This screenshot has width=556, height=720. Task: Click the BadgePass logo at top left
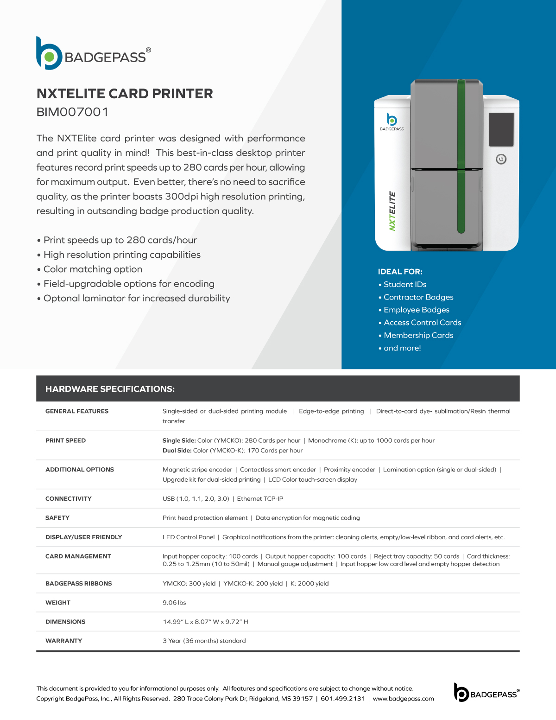click(93, 54)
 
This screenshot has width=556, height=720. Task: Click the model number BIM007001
click(73, 112)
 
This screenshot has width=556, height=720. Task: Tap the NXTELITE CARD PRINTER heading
click(125, 94)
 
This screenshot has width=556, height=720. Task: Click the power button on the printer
click(501, 159)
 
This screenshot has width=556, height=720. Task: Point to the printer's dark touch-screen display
click(501, 130)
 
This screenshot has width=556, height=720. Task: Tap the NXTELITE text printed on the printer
click(392, 211)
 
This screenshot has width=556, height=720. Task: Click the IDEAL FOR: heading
click(400, 272)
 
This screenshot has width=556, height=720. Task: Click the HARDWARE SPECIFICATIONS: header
click(110, 389)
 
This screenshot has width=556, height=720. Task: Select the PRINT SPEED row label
click(65, 440)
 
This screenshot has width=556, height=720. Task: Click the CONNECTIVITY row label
click(68, 499)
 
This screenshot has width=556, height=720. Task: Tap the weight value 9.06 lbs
click(174, 603)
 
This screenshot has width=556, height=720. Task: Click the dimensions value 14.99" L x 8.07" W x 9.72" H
click(205, 622)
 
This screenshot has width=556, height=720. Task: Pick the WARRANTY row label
click(63, 641)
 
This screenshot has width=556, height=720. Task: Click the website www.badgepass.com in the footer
click(403, 699)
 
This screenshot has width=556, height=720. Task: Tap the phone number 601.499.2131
click(343, 699)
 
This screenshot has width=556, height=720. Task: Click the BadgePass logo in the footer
click(486, 693)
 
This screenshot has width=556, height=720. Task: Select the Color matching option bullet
click(93, 269)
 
